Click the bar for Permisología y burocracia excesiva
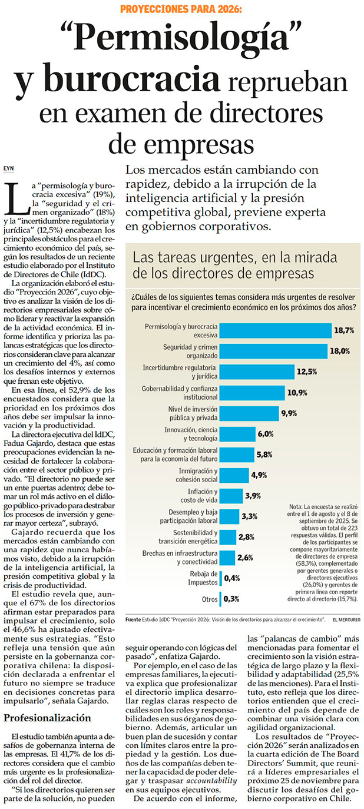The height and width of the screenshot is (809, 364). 275,330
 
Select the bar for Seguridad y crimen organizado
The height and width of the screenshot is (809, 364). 273,351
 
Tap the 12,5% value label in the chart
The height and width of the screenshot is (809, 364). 307,372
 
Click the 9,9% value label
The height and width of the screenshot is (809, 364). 289,413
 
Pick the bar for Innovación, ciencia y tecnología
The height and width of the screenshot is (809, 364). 238,434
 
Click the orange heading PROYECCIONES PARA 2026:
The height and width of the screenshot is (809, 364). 181,9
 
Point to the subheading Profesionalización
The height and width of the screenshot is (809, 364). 47,718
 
